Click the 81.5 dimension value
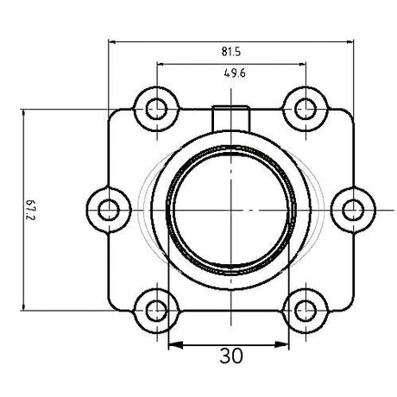pyautogui.click(x=233, y=52)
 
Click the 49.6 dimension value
pyautogui.click(x=233, y=74)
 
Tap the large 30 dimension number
pyautogui.click(x=231, y=356)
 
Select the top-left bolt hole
pyautogui.click(x=156, y=110)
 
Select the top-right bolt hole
pyautogui.click(x=306, y=110)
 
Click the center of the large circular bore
pyautogui.click(x=231, y=209)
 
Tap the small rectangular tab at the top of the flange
pyautogui.click(x=230, y=113)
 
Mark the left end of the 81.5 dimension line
pyautogui.click(x=110, y=40)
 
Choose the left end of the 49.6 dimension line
pyautogui.click(x=156, y=63)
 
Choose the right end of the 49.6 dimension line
pyautogui.click(x=306, y=63)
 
